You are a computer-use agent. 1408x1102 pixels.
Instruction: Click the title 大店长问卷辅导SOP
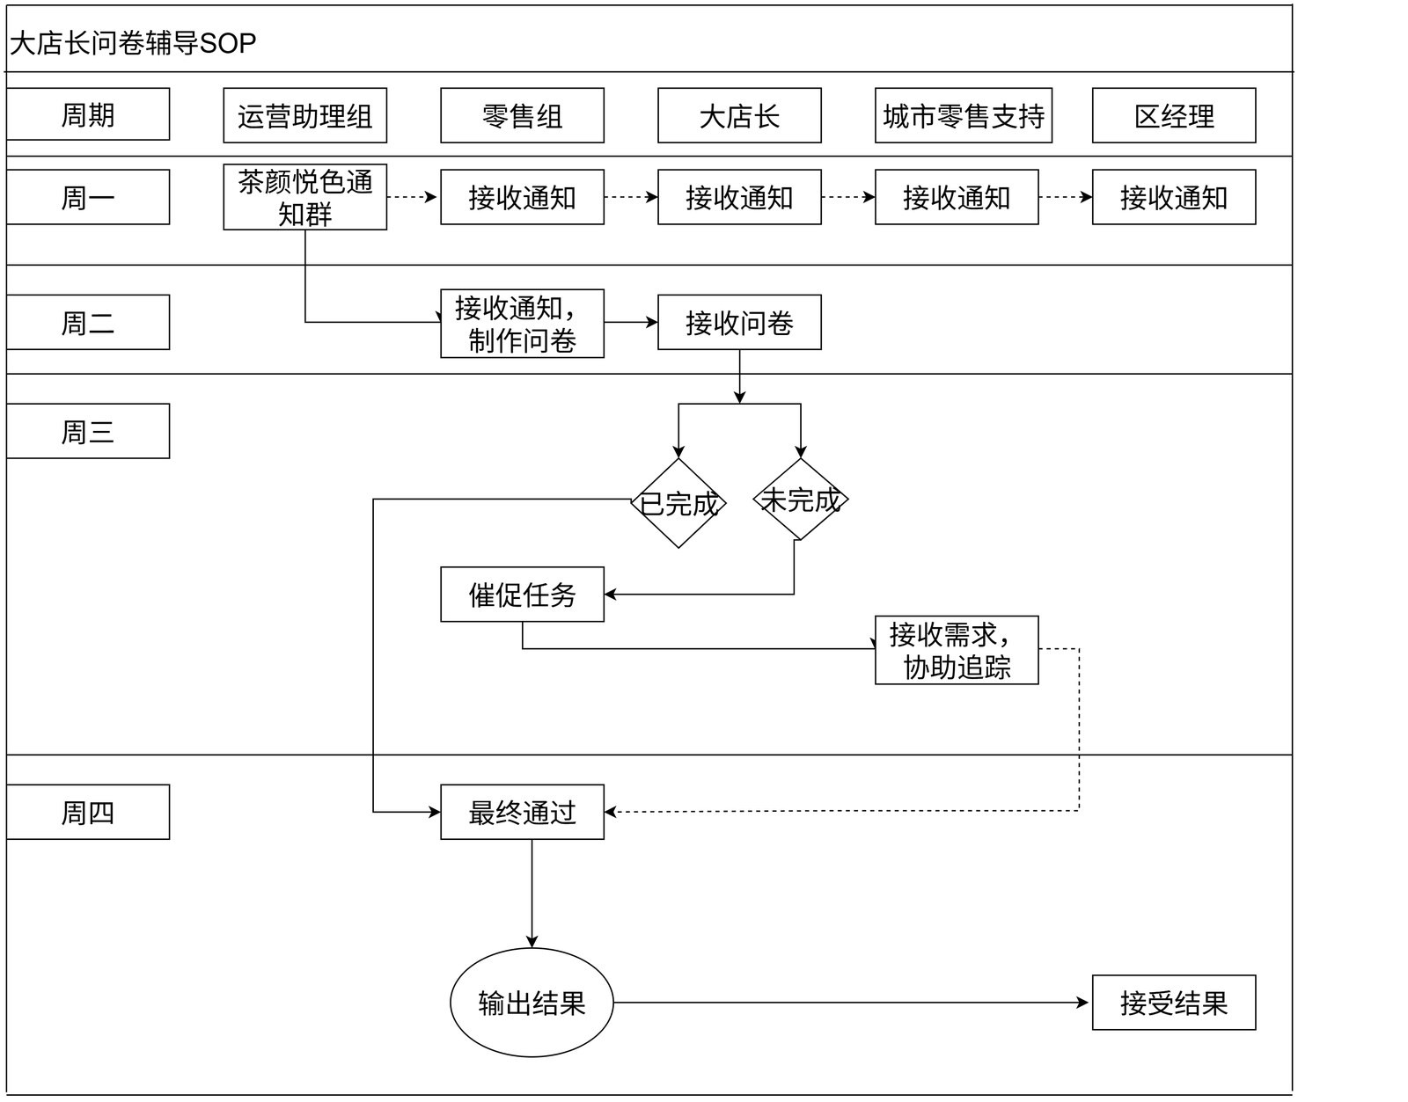pyautogui.click(x=133, y=43)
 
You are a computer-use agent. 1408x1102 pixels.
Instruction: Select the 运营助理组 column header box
pyautogui.click(x=305, y=115)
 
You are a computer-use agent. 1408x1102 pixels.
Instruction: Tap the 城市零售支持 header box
pyautogui.click(x=964, y=115)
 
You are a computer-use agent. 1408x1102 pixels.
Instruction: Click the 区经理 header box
pyautogui.click(x=1174, y=115)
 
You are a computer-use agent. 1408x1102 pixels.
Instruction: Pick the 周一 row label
pyautogui.click(x=88, y=197)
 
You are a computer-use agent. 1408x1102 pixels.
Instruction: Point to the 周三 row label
pyautogui.click(x=88, y=431)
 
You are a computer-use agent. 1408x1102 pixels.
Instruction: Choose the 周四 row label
pyautogui.click(x=88, y=812)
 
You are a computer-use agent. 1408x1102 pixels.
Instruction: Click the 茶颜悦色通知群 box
pyautogui.click(x=305, y=197)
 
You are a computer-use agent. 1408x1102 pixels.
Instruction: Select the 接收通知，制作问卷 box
pyautogui.click(x=522, y=324)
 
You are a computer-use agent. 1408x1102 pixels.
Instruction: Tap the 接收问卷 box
pyautogui.click(x=739, y=323)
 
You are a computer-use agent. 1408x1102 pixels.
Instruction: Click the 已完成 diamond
pyautogui.click(x=678, y=503)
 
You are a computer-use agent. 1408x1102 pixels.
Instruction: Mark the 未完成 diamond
pyautogui.click(x=801, y=500)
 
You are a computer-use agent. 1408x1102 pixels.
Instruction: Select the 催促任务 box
pyautogui.click(x=522, y=595)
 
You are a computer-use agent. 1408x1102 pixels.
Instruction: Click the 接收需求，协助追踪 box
pyautogui.click(x=957, y=650)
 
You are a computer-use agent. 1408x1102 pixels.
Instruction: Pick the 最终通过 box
pyautogui.click(x=522, y=812)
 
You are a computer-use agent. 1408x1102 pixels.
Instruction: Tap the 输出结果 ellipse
pyautogui.click(x=532, y=1003)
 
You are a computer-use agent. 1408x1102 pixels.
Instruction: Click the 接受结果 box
pyautogui.click(x=1174, y=1003)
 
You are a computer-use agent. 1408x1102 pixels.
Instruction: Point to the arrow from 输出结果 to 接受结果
pyautogui.click(x=851, y=1003)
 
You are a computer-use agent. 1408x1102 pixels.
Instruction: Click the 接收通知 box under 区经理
pyautogui.click(x=1174, y=197)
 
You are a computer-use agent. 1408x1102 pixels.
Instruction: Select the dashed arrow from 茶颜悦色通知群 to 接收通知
pyautogui.click(x=412, y=197)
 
